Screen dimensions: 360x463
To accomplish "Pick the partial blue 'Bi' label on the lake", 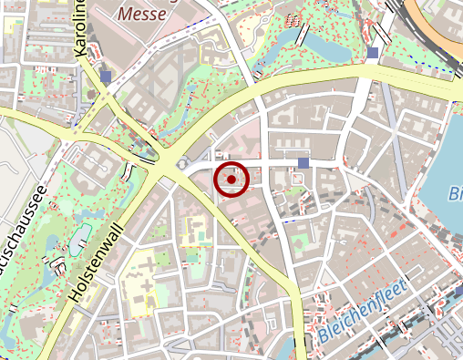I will pyautogui.click(x=456, y=193).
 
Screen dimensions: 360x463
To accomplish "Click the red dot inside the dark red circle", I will pyautogui.click(x=231, y=180).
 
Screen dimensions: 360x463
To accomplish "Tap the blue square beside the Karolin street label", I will pyautogui.click(x=108, y=77).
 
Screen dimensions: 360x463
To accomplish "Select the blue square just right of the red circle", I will pyautogui.click(x=304, y=162).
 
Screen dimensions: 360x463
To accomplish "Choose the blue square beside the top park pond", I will pyautogui.click(x=374, y=53).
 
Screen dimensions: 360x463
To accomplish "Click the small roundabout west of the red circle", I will pyautogui.click(x=183, y=164).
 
